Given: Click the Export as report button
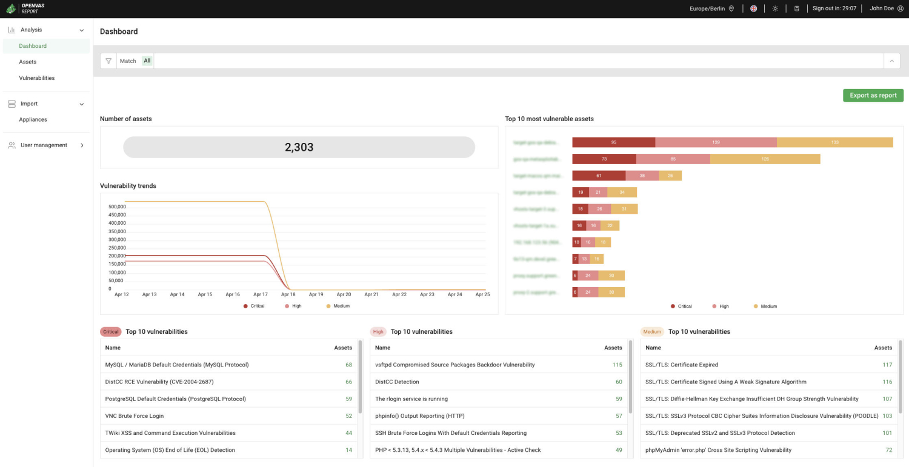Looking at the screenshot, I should click(x=873, y=96).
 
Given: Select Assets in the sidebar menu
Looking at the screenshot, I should click(x=28, y=62).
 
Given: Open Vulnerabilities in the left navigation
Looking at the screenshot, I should click(x=37, y=78).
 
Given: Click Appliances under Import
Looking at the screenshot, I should click(x=33, y=119).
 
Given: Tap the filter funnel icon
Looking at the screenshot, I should click(x=108, y=61).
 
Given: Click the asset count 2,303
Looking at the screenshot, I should click(x=299, y=147).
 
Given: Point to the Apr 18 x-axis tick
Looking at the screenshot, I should click(x=288, y=294).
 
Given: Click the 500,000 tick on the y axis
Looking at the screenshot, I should click(x=117, y=207).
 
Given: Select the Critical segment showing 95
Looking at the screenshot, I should click(x=613, y=142).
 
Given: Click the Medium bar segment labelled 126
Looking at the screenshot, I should click(x=765, y=159).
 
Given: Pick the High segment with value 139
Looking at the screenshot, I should click(x=716, y=142).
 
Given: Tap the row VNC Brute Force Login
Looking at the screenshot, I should click(x=135, y=416).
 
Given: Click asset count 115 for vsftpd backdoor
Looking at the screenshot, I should click(x=617, y=365).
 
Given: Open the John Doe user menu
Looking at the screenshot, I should click(x=886, y=8).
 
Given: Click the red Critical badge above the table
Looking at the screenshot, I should click(x=111, y=332).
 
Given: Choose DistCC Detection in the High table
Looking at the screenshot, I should click(x=397, y=382).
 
